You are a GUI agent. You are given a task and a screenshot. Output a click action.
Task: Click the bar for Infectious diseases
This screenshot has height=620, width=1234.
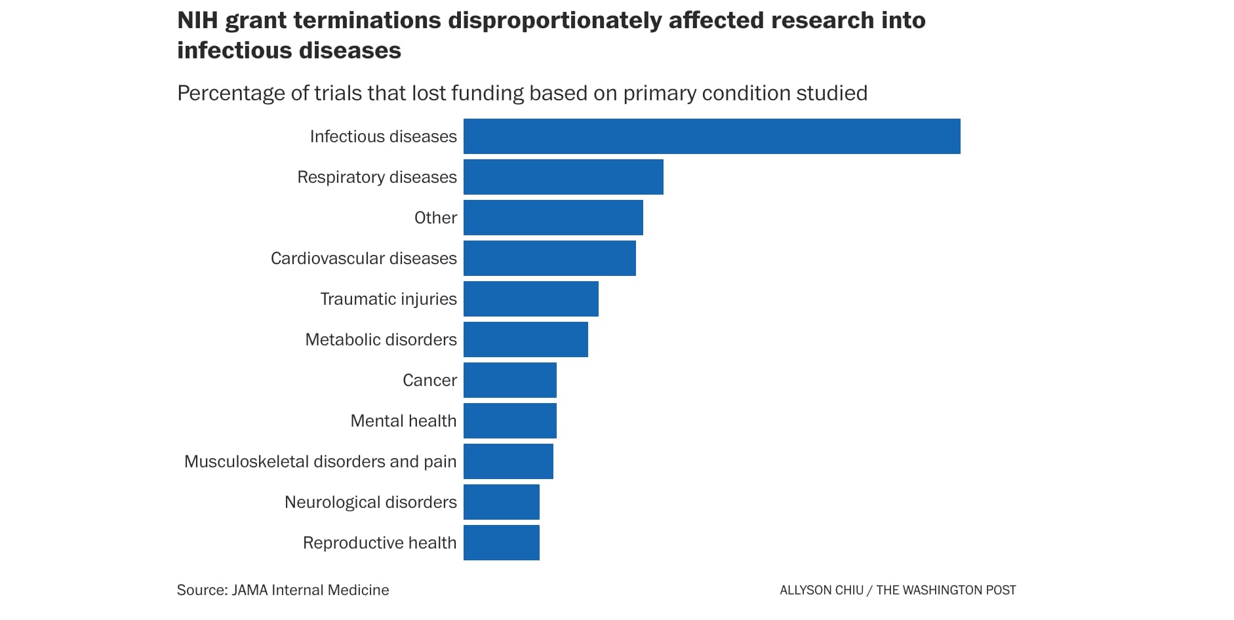711,136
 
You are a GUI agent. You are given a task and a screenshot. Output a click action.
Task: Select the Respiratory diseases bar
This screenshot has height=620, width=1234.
563,177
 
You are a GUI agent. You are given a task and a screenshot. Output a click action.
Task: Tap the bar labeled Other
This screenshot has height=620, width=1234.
553,218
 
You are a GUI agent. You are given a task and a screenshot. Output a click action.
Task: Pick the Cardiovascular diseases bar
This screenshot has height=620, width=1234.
549,258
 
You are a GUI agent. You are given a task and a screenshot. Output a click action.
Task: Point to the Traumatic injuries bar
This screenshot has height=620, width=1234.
530,299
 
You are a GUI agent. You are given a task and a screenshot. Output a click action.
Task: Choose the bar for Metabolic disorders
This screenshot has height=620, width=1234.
525,339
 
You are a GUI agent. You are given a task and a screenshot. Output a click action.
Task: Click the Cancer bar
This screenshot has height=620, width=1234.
509,380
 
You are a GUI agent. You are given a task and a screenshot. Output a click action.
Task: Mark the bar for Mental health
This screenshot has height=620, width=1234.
509,421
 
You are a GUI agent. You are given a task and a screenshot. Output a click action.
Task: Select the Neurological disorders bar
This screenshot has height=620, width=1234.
501,502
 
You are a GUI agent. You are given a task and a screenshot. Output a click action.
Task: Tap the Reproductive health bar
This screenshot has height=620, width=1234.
501,543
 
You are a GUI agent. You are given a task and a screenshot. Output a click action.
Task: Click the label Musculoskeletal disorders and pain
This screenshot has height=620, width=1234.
320,461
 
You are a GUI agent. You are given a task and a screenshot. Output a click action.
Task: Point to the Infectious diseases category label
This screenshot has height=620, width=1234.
383,136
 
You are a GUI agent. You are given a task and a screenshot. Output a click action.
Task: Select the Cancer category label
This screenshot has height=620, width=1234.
429,380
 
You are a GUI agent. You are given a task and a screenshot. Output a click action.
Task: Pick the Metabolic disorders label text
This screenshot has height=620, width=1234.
380,339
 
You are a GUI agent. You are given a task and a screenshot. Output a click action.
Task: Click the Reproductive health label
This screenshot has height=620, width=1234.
379,543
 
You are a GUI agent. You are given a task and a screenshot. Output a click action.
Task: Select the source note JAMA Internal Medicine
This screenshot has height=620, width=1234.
310,590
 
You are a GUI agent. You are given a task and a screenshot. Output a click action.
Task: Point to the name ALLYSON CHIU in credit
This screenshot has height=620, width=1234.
821,590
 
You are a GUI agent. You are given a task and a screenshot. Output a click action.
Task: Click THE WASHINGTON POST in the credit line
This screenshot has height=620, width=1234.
945,590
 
